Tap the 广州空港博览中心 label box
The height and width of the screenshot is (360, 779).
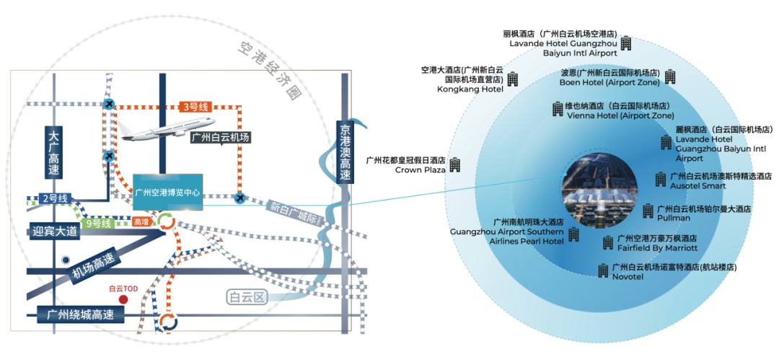(168, 193)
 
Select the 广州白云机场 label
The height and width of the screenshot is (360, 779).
(221, 137)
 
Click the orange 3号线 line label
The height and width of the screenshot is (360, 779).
(195, 107)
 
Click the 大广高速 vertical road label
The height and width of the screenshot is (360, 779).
(55, 153)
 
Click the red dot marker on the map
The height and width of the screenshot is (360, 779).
(123, 299)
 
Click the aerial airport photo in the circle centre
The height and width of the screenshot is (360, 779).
(599, 190)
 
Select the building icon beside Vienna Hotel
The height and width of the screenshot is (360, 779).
(558, 109)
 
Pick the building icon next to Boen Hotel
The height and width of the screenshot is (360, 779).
(670, 76)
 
